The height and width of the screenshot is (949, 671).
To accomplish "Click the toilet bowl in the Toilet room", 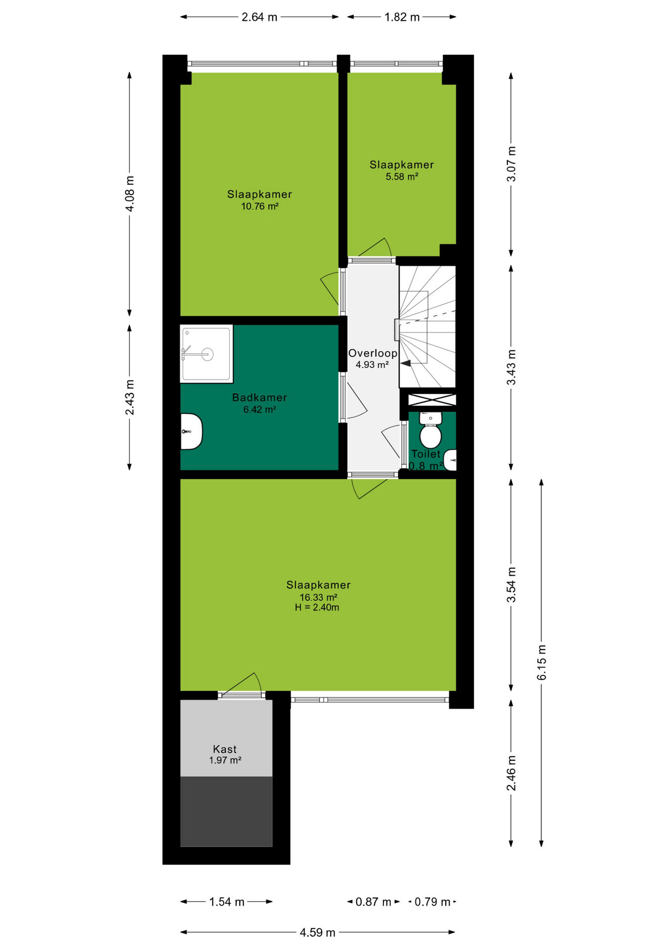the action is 430,431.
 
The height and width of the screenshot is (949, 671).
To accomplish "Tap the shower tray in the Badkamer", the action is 207,353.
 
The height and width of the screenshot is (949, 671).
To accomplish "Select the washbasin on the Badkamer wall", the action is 191,431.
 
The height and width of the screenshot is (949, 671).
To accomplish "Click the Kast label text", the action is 225,749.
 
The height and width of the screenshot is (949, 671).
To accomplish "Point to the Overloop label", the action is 373,353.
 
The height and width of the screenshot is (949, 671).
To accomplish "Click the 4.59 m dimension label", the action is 318,933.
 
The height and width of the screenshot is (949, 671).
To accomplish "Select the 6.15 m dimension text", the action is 542,662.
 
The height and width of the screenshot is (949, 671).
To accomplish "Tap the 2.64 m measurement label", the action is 259,17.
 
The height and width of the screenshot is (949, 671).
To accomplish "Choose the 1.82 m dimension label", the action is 402,17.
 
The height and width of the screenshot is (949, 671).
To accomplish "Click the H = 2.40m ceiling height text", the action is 317,607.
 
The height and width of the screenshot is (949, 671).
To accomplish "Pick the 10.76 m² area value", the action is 260,207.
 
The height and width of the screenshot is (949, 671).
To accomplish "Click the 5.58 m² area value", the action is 402,177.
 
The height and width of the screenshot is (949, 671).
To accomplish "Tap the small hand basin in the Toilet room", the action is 450,460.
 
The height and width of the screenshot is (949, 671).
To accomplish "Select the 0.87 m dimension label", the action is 374,902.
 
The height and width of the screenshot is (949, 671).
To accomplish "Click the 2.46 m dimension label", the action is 511,773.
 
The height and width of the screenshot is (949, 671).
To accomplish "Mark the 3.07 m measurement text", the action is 511,164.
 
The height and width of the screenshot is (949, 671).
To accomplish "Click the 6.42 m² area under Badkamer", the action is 259,410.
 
